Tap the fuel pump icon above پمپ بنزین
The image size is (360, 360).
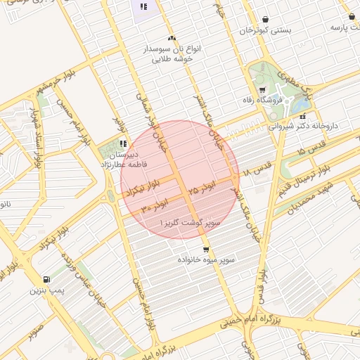pos(46,279)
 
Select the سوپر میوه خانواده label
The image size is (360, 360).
pos(207,259)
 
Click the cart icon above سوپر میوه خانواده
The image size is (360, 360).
pos(206,249)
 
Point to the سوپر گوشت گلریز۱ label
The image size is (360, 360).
pos(191,222)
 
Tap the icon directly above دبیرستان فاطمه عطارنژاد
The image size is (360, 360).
pos(124,143)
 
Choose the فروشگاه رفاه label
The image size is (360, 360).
pos(261,100)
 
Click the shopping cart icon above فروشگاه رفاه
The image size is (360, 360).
pos(262,89)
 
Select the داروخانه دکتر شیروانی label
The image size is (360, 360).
pos(304,126)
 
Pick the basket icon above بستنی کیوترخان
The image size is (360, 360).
pos(264,20)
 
